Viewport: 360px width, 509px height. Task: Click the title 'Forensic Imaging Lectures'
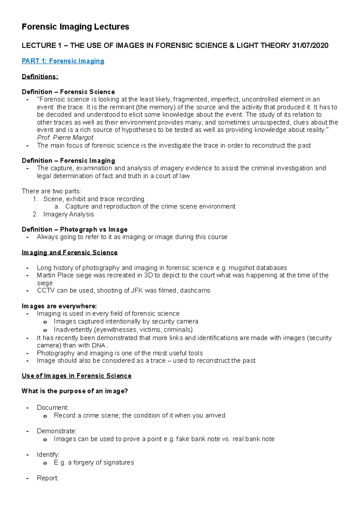point(75,27)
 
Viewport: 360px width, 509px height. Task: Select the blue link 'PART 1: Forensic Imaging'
point(63,61)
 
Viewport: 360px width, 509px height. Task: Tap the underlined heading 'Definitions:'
point(40,77)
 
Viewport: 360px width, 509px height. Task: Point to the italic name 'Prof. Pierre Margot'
point(65,138)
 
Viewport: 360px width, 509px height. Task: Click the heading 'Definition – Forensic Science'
point(68,92)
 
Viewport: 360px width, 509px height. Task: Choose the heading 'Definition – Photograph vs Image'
point(74,230)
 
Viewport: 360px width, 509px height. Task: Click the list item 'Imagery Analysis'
point(68,214)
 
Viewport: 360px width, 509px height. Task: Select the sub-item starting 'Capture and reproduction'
point(150,207)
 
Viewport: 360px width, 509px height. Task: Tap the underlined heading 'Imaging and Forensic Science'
point(70,253)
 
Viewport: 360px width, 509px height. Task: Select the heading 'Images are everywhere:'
point(59,306)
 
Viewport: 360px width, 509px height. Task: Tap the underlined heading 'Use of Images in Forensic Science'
point(76,376)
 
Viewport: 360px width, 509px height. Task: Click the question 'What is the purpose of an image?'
point(75,391)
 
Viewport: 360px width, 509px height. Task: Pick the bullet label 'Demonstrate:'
point(56,431)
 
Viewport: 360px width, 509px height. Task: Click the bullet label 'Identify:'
point(48,455)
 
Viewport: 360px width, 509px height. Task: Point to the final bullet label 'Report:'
point(47,478)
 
